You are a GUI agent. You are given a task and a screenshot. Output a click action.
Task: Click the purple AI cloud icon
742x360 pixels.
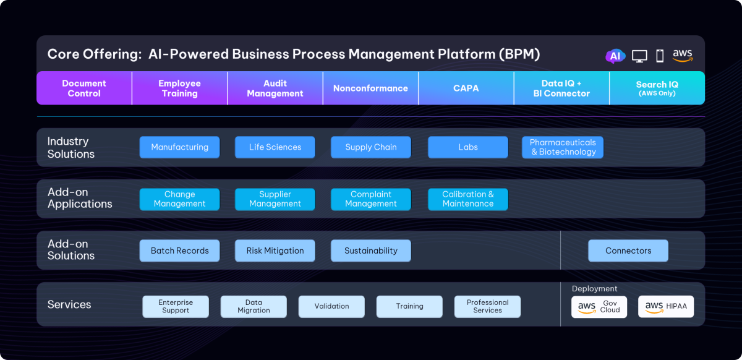pyautogui.click(x=615, y=56)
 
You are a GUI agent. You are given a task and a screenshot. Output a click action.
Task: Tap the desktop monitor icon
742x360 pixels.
pyautogui.click(x=639, y=56)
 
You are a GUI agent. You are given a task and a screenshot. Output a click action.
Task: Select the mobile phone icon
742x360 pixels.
pyautogui.click(x=660, y=56)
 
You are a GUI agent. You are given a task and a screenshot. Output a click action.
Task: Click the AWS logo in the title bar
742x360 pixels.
pyautogui.click(x=683, y=56)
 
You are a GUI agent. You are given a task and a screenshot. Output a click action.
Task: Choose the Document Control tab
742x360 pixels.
pyautogui.click(x=84, y=88)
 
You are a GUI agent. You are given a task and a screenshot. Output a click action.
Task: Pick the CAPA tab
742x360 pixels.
pyautogui.click(x=466, y=88)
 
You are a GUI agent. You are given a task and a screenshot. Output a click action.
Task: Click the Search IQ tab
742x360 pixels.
pyautogui.click(x=657, y=88)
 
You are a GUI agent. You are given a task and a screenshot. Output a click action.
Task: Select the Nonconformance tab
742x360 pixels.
pyautogui.click(x=370, y=88)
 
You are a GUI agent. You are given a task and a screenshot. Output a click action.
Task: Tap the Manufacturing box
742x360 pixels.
pyautogui.click(x=179, y=147)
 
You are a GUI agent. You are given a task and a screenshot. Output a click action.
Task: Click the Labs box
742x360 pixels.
pyautogui.click(x=468, y=147)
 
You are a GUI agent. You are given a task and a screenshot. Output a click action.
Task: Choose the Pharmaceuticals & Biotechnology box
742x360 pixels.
pyautogui.click(x=563, y=147)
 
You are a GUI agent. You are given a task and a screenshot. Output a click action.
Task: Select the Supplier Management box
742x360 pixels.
pyautogui.click(x=275, y=199)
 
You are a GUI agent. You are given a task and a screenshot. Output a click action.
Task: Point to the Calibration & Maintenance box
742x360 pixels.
pyautogui.click(x=468, y=199)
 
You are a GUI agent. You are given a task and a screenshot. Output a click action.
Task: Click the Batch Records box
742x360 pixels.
pyautogui.click(x=179, y=251)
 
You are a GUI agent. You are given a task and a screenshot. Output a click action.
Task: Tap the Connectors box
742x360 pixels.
pyautogui.click(x=628, y=251)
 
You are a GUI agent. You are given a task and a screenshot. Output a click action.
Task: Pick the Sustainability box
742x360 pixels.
pyautogui.click(x=371, y=251)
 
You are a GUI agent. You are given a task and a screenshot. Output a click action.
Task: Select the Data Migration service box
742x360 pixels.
pyautogui.click(x=254, y=307)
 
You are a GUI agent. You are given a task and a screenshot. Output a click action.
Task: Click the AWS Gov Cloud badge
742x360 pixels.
pyautogui.click(x=599, y=307)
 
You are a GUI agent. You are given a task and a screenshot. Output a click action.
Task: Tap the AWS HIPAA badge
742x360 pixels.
pyautogui.click(x=666, y=307)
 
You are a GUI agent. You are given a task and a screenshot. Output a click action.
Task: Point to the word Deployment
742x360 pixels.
pyautogui.click(x=594, y=289)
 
